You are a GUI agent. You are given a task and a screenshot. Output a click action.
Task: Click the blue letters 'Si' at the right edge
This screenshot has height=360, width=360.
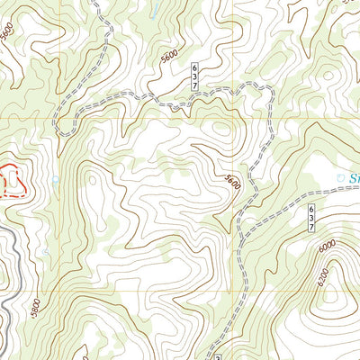(352, 177)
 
